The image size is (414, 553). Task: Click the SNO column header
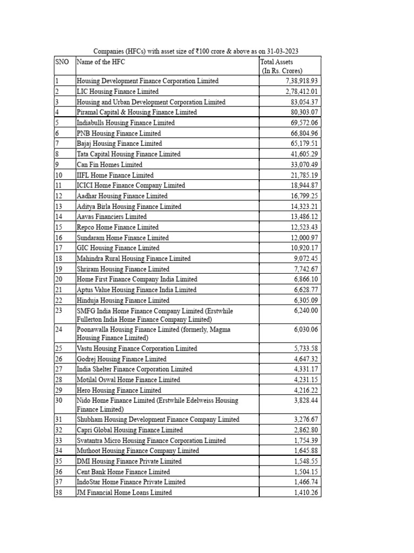pos(62,62)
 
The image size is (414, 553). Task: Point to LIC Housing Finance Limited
pos(118,91)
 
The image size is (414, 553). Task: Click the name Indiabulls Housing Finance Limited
pos(126,123)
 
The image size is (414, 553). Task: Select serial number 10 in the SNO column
pos(59,175)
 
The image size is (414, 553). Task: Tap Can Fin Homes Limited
pos(109,165)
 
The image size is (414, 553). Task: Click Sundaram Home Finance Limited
pos(122,238)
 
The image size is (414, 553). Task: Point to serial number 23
pos(59,311)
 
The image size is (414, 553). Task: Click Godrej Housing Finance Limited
pos(121,359)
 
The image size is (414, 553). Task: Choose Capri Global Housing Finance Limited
pos(130,430)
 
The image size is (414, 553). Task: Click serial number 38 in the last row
pos(59,493)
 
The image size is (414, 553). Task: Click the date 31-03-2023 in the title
pos(280,51)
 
